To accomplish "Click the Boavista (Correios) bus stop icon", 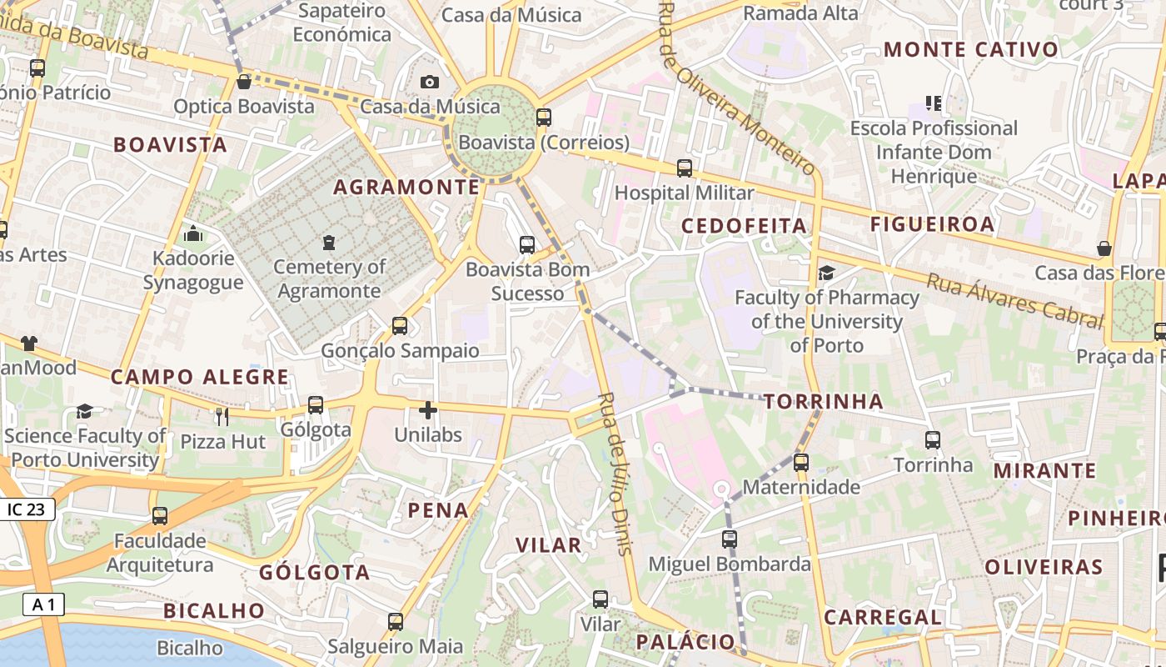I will coord(544,118).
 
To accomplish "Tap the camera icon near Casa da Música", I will coord(430,82).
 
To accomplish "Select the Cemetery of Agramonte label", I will coord(329,278).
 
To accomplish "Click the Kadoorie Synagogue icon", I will coord(193,234).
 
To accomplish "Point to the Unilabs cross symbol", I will coord(428,410).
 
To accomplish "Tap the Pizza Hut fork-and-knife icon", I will coord(222,417).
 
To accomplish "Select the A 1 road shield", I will coord(43,604).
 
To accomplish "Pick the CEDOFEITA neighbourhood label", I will coord(744,226).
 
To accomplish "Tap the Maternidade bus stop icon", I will coord(801,462).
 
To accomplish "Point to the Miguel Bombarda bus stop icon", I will coord(730,539).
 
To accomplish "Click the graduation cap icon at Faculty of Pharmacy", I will coord(826,273).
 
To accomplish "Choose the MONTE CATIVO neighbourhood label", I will coord(970,49).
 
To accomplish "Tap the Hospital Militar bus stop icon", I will coord(685,168).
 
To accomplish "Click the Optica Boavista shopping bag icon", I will coord(244,82).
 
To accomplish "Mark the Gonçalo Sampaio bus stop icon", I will coord(400,326).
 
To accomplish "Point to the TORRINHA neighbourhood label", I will coord(823,402).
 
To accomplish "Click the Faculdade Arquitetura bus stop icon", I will coord(160,516).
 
